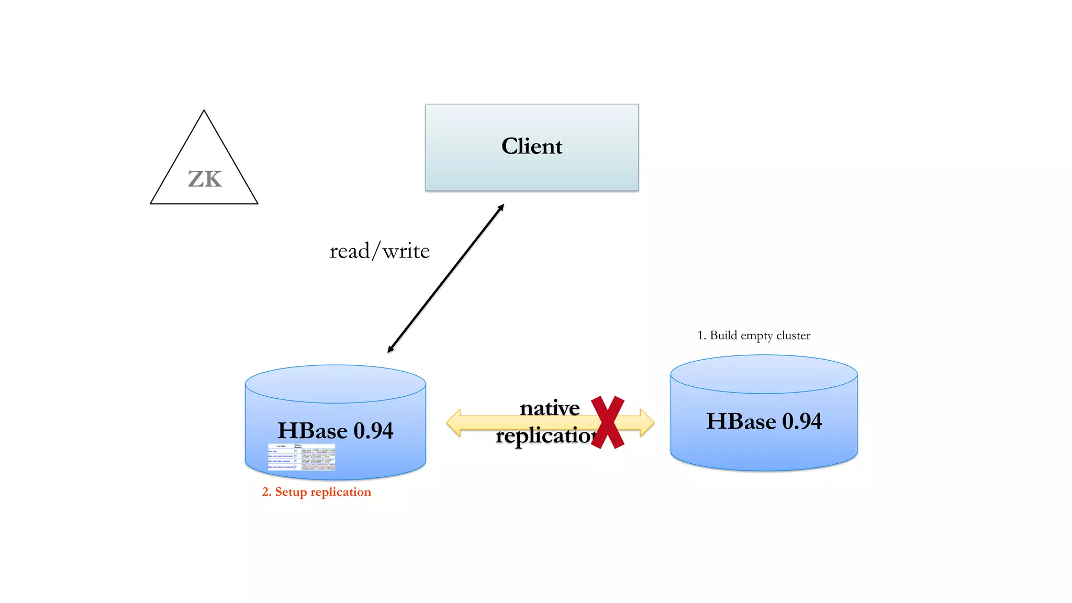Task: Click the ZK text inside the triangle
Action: [205, 180]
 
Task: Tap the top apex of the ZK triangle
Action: [204, 111]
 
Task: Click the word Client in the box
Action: [532, 147]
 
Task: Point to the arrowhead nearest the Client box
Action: [501, 207]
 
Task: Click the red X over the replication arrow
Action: [608, 422]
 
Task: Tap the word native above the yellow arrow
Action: [550, 408]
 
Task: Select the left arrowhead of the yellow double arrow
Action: [454, 423]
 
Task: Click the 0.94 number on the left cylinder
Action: [373, 431]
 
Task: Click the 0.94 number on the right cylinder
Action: [802, 421]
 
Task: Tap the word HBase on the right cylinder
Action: [741, 421]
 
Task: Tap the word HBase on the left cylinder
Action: [312, 431]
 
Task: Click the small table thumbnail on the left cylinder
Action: [301, 457]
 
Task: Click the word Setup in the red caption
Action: [291, 492]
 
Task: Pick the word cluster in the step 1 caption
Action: [793, 336]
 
